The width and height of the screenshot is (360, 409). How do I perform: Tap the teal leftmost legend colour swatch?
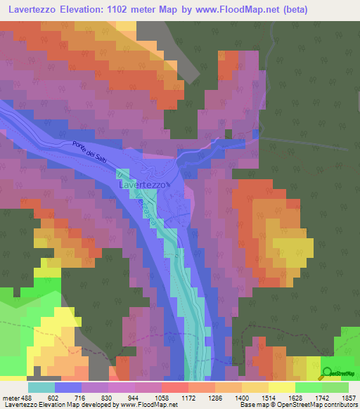click(x=41, y=387)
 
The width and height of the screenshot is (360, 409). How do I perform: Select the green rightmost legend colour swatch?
click(x=335, y=387)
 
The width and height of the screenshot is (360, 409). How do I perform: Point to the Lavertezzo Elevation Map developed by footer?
click(x=89, y=405)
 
